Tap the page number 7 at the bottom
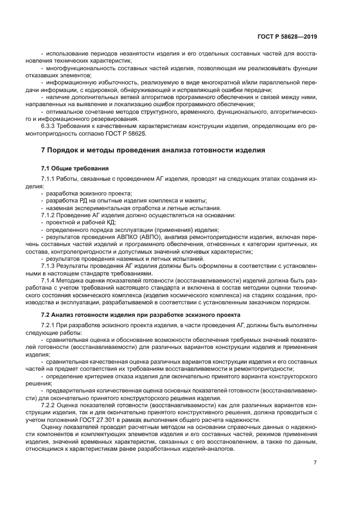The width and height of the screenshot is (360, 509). tap(315, 462)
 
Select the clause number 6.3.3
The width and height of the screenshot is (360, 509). tap(50, 126)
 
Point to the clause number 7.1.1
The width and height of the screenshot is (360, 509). tap(49, 179)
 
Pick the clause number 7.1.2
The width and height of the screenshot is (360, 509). tap(49, 215)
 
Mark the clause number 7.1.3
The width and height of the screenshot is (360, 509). tap(49, 265)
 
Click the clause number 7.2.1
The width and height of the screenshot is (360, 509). tap(49, 325)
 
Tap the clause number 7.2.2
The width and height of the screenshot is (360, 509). tap(49, 406)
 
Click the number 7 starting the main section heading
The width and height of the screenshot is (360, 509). tap(44, 150)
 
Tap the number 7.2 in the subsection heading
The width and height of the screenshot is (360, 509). tap(47, 315)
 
